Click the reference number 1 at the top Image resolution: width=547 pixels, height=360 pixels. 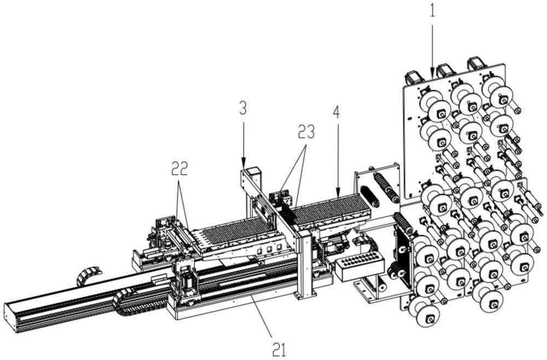(x=433, y=10)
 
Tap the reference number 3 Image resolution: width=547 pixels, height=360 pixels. (x=243, y=108)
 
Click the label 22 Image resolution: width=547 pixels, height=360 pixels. (x=179, y=169)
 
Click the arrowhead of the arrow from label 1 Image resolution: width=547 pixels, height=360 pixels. (x=433, y=74)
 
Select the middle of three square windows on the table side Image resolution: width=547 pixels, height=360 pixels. (x=269, y=249)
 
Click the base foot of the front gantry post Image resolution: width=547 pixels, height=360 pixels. (x=303, y=295)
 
